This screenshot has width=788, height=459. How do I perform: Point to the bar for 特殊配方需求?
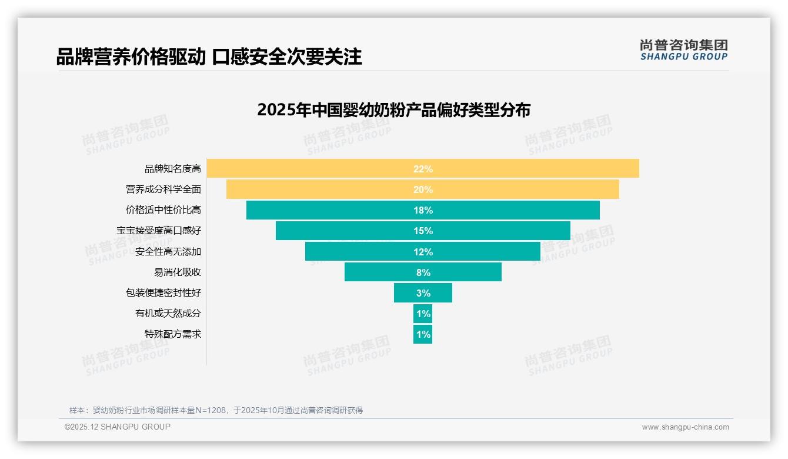tap(423, 334)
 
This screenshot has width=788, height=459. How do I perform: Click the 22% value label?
tap(423, 169)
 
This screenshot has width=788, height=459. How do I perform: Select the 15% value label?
tap(423, 231)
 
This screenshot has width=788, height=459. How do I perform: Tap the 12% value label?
tap(423, 252)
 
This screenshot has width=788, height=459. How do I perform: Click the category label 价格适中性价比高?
tap(163, 210)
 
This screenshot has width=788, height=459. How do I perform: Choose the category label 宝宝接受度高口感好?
tap(159, 231)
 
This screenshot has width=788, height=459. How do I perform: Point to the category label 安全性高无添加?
tap(168, 252)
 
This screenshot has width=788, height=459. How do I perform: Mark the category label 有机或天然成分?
tap(168, 314)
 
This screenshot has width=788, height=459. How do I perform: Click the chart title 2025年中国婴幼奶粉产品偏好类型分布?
tap(393, 110)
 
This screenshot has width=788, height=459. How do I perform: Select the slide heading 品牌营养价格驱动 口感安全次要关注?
tap(209, 57)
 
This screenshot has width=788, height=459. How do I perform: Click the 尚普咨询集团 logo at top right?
tap(683, 50)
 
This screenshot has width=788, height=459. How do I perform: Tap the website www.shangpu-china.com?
tap(685, 427)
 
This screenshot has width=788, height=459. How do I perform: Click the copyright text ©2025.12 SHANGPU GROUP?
tap(118, 427)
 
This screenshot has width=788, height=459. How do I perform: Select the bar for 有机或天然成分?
tap(423, 314)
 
